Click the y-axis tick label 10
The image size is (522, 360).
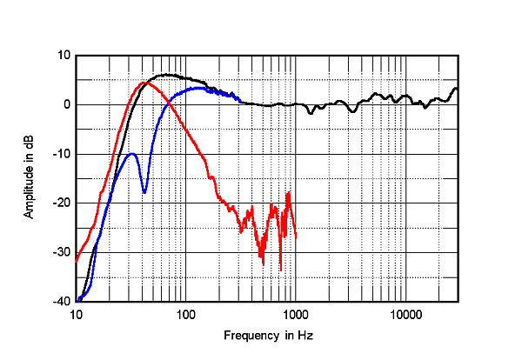pyautogui.click(x=63, y=55)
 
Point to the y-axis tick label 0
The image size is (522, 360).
pyautogui.click(x=66, y=104)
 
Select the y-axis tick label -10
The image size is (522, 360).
pyautogui.click(x=61, y=154)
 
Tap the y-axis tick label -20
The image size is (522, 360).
pyautogui.click(x=61, y=203)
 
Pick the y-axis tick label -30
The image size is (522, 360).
pyautogui.click(x=61, y=252)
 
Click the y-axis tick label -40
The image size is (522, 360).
pyautogui.click(x=61, y=302)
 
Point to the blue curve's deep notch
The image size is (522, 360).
pyautogui.click(x=144, y=191)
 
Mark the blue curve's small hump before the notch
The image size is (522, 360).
pyautogui.click(x=131, y=154)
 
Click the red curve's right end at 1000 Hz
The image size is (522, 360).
pyautogui.click(x=296, y=237)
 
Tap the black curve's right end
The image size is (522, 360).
pyautogui.click(x=458, y=89)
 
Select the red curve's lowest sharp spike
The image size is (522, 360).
pyautogui.click(x=280, y=270)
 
